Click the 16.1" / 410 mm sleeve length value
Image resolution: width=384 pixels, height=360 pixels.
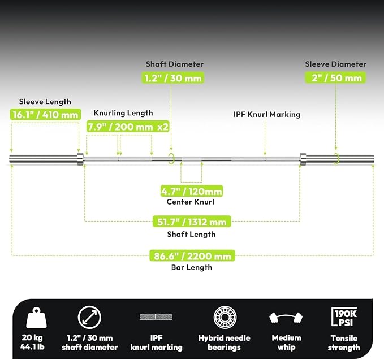[45, 114]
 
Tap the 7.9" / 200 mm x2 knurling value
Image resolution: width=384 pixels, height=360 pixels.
[128, 127]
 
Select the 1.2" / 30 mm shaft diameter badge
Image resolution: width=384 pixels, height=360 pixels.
[172, 78]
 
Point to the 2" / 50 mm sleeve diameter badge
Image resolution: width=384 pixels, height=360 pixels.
[335, 78]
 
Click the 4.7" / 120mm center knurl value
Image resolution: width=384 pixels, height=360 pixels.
[192, 191]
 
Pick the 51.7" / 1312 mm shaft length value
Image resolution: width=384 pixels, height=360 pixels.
[192, 222]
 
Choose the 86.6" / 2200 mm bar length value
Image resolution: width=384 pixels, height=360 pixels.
[192, 256]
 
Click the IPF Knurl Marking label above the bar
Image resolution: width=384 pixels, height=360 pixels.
[267, 114]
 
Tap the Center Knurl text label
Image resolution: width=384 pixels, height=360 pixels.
[190, 202]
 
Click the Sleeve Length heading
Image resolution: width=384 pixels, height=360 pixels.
[45, 102]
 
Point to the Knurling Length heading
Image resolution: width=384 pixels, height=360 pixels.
[123, 113]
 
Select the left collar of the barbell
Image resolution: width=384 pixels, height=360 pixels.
[80, 159]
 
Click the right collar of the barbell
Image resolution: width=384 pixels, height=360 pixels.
[303, 159]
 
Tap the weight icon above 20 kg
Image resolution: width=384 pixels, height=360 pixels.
[36, 318]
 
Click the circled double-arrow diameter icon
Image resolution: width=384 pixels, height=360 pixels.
[89, 318]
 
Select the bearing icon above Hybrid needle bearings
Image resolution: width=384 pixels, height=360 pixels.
[225, 318]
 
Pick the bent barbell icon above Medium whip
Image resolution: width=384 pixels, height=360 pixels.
[286, 318]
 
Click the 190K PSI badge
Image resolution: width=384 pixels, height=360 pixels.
[344, 317]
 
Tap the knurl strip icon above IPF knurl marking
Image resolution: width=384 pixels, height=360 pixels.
[156, 316]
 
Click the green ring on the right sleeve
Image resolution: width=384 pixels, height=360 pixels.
[338, 159]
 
